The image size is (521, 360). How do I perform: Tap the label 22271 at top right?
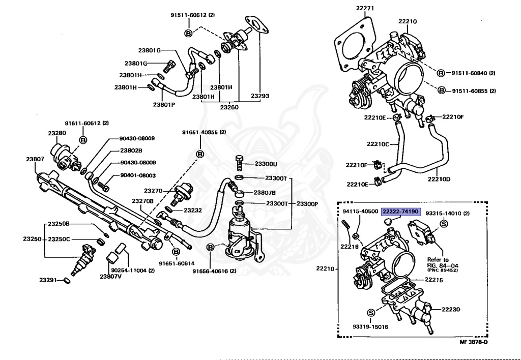[364, 8]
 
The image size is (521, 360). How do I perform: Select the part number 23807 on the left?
[36, 159]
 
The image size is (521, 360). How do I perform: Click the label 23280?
[57, 133]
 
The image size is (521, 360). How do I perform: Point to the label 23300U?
[265, 164]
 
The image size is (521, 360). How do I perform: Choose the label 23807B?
[265, 193]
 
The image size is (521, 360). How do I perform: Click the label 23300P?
[307, 203]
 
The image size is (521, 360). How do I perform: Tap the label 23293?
[260, 96]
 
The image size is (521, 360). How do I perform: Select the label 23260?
[229, 107]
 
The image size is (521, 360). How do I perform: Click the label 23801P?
[164, 105]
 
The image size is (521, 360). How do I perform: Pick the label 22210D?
[439, 179]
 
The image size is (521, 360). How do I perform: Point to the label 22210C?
[377, 144]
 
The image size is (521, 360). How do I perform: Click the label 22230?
[450, 309]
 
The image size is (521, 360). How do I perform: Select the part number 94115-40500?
[360, 211]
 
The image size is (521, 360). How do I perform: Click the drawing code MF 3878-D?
[474, 341]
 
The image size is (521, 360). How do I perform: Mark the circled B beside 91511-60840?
[441, 73]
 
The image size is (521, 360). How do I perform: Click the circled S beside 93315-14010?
[443, 224]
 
